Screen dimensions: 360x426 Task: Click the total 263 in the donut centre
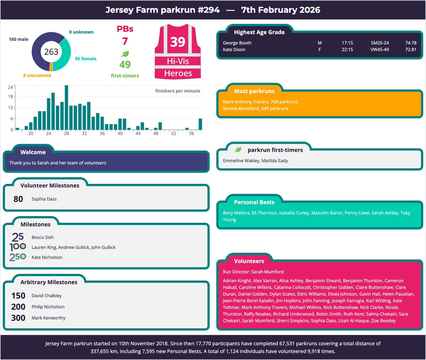point(51,52)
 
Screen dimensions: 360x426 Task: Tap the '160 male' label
point(18,39)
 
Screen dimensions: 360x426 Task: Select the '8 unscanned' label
point(37,75)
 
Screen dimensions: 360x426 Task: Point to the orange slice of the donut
point(51,67)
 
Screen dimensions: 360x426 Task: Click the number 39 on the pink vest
point(177,42)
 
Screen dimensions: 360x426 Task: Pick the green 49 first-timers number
point(125,64)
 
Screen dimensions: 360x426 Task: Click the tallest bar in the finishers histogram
point(66,107)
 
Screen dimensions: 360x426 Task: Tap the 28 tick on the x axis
point(66,134)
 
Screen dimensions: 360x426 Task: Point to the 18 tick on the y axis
point(11,96)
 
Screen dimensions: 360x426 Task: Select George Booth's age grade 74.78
point(411,43)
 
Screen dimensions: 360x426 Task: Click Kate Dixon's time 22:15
point(347,50)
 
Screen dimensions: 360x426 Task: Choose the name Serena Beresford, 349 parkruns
point(256,108)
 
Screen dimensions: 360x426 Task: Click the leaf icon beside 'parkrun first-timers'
point(238,150)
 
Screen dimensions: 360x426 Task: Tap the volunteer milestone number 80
point(18,199)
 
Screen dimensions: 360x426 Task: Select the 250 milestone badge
point(17,257)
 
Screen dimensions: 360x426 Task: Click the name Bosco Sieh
point(43,237)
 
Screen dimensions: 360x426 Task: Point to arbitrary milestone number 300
point(18,318)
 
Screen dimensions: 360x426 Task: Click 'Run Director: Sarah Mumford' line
point(253,272)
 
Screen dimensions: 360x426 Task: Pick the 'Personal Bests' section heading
point(254,202)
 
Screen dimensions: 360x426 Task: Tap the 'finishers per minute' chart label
point(177,91)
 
